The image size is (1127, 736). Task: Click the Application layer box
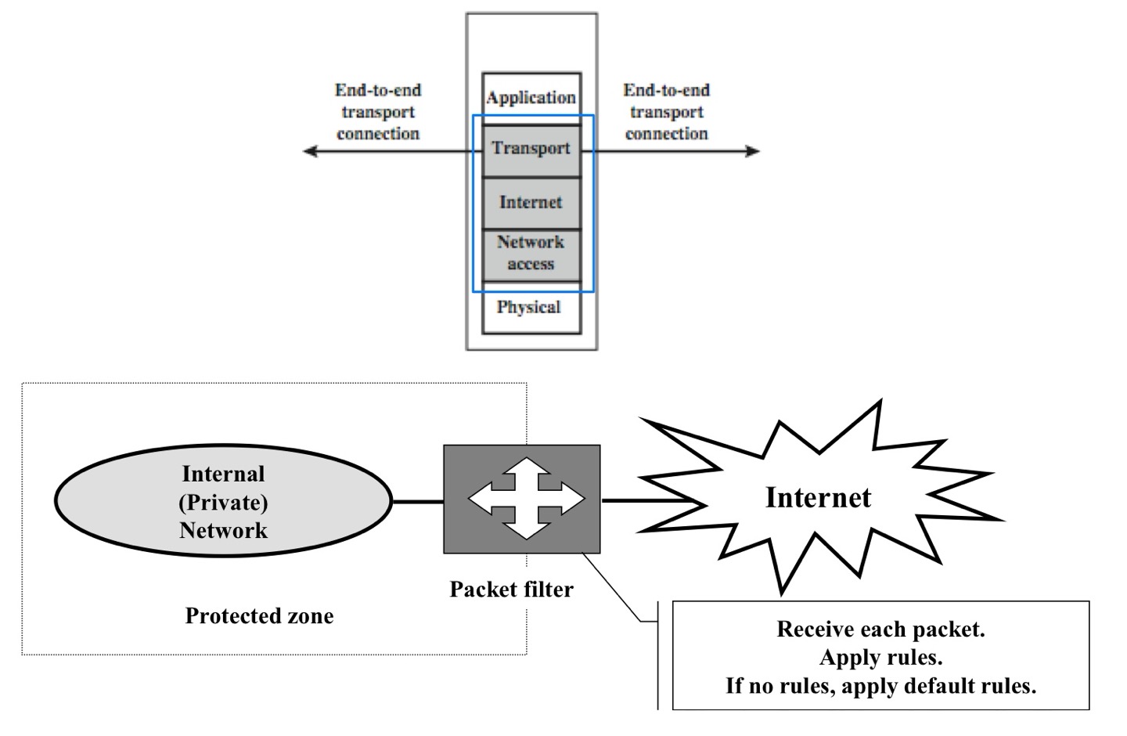pos(531,98)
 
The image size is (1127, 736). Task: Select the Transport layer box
pos(531,149)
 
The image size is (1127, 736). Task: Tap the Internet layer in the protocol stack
pos(531,203)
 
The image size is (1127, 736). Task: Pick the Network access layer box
pos(531,253)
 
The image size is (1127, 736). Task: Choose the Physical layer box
pos(530,308)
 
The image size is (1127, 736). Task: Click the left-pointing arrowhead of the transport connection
pos(310,150)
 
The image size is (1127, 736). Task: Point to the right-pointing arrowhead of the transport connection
pos(753,150)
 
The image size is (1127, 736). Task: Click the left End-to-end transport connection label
pos(378,112)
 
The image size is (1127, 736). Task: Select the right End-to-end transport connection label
pos(667,112)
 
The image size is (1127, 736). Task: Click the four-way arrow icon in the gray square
pos(526,499)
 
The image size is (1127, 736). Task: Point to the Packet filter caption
pos(511,590)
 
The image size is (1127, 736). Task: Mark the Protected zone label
pos(259,616)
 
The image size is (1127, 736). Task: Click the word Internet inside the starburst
pos(818,498)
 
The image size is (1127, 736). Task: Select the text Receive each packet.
pos(880,630)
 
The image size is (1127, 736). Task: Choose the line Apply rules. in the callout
pos(880,658)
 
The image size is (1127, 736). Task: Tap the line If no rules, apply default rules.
pos(880,686)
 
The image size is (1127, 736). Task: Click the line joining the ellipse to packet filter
pos(417,501)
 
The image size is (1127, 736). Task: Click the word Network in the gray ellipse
pos(223,531)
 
